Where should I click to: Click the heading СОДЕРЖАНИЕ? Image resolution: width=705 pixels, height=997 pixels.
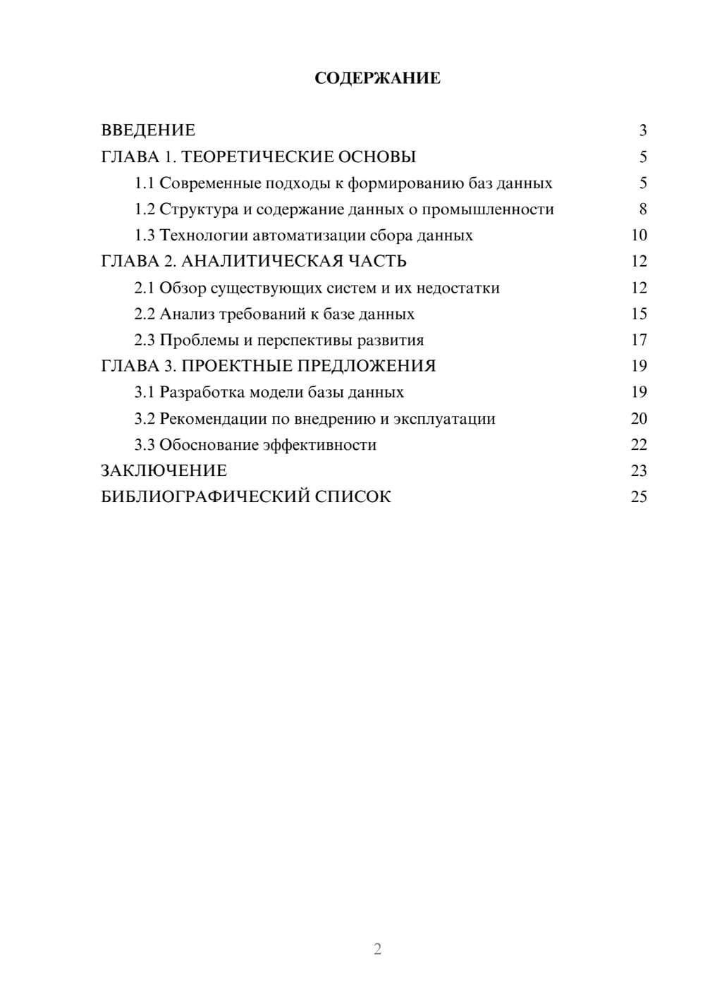[x=377, y=78]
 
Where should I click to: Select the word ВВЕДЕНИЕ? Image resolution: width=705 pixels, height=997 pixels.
[x=148, y=130]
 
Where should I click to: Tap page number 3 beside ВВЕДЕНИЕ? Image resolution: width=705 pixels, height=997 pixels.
[x=642, y=130]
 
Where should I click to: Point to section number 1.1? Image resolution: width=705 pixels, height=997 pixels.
[x=145, y=183]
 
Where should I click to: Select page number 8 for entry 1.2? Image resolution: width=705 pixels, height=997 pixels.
[x=642, y=209]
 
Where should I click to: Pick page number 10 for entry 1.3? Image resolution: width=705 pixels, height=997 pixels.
[x=639, y=236]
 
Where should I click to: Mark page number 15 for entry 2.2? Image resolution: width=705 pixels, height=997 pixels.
[x=639, y=314]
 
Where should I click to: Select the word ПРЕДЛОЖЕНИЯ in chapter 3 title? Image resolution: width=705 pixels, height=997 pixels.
[x=366, y=366]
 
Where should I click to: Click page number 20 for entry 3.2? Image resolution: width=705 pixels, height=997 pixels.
[x=639, y=419]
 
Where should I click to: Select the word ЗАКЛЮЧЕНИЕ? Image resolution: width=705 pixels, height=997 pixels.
[x=164, y=470]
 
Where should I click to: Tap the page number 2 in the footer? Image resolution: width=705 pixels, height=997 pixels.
[x=377, y=949]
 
